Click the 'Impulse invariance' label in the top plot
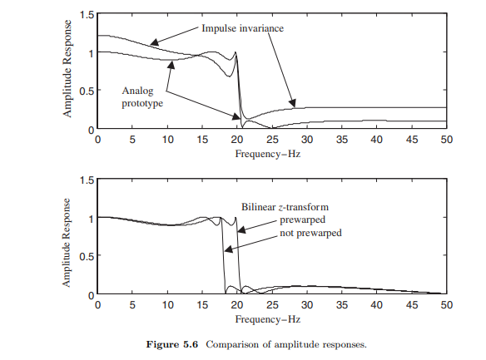click(242, 28)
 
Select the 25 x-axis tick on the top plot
click(272, 140)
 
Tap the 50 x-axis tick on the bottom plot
click(447, 305)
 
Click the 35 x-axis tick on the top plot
click(342, 140)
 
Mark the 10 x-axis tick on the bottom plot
click(167, 305)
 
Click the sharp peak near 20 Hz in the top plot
click(236, 52)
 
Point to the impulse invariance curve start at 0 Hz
click(99, 36)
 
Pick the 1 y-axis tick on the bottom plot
click(89, 218)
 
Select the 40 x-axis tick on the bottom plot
click(377, 305)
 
